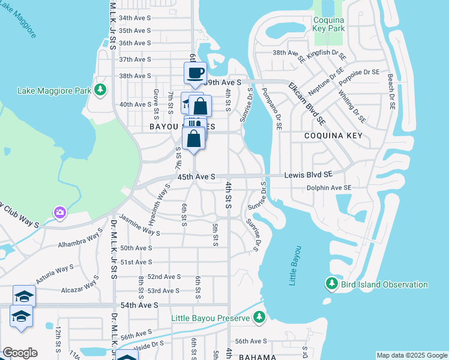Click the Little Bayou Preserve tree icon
pyautogui.click(x=258, y=316)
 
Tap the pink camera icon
pyautogui.click(x=59, y=212)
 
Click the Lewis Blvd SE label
pyautogui.click(x=308, y=175)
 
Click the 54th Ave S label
pyautogui.click(x=139, y=305)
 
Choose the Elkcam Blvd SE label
pyautogui.click(x=307, y=103)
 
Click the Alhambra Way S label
pyautogui.click(x=80, y=241)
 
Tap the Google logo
pyautogui.click(x=20, y=353)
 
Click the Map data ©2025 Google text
pyautogui.click(x=411, y=355)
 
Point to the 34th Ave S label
pyautogui.click(x=134, y=19)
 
